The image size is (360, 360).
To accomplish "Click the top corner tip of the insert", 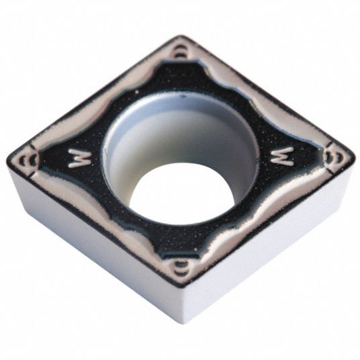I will click(x=180, y=38).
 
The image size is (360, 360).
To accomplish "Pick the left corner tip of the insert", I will click(x=10, y=160).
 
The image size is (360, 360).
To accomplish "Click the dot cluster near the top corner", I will click(x=180, y=53).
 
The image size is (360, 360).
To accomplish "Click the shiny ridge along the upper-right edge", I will click(x=262, y=94).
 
